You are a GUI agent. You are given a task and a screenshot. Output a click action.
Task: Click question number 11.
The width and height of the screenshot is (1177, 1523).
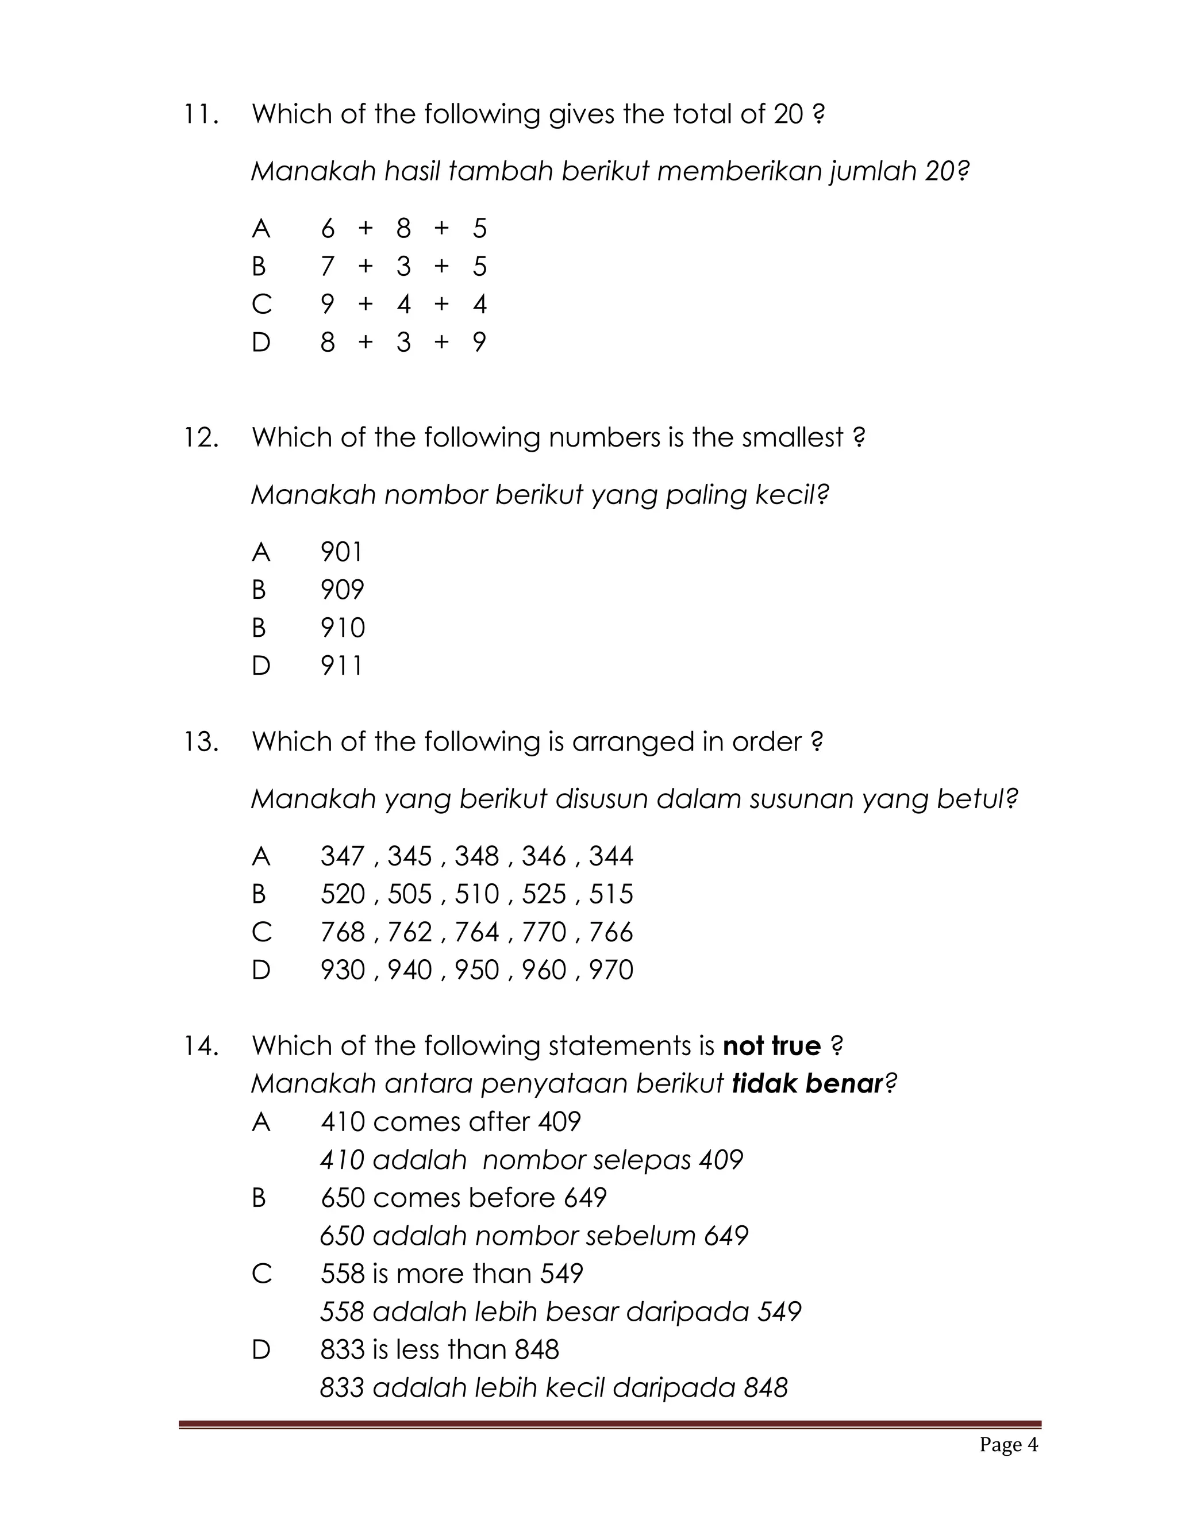point(201,114)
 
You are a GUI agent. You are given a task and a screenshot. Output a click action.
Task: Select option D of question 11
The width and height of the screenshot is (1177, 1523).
point(261,343)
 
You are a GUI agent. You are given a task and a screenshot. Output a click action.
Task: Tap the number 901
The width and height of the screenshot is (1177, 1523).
point(342,552)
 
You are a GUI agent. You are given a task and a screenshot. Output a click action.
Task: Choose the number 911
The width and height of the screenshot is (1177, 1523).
point(342,666)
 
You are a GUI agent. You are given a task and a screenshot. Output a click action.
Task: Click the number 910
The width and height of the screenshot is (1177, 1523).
point(343,628)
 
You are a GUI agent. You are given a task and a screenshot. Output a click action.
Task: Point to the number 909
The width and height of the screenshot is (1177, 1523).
point(343,590)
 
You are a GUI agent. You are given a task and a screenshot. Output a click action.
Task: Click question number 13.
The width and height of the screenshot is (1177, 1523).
point(201,741)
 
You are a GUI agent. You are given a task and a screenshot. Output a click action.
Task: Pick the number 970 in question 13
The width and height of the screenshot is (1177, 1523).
point(611,970)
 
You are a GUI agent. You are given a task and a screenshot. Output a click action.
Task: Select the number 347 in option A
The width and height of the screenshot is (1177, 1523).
point(343,856)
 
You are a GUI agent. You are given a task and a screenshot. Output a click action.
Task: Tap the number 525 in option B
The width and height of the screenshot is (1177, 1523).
point(544,894)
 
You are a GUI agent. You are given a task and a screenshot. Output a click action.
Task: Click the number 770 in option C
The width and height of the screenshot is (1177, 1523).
point(544,932)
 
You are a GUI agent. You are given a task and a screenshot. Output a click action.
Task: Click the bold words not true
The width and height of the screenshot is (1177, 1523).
point(772,1046)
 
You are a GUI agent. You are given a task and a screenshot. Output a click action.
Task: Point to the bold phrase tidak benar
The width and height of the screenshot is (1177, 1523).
point(807,1084)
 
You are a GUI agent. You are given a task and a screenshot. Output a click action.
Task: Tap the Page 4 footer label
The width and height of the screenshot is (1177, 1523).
point(1008,1444)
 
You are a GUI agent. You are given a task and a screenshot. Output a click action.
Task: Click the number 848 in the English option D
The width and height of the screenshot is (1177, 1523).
point(536,1350)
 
